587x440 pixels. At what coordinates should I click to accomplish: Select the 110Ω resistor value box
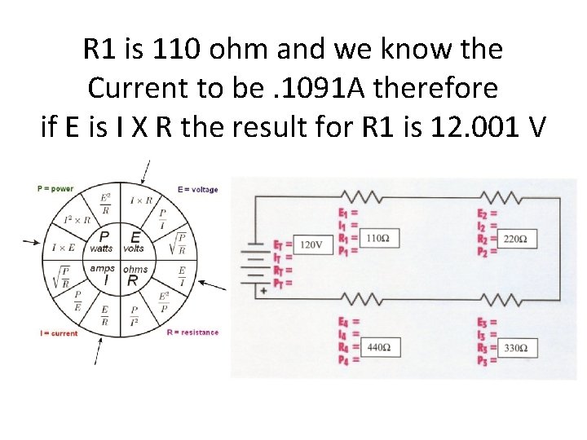(x=377, y=239)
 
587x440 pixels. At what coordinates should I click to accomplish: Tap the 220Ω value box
(x=515, y=240)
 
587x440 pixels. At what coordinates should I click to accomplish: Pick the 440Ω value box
(x=377, y=348)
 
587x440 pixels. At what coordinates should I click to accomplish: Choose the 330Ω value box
(x=515, y=349)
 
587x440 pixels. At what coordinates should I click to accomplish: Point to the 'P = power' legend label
(x=55, y=189)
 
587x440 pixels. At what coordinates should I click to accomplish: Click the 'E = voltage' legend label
(x=198, y=190)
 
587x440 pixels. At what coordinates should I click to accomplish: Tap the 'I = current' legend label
(x=59, y=333)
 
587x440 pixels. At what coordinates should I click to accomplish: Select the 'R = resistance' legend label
(x=192, y=332)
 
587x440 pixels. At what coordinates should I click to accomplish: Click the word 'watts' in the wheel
(x=101, y=249)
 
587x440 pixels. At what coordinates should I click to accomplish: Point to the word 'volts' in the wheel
(x=135, y=249)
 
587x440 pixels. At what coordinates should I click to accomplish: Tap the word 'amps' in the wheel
(x=102, y=268)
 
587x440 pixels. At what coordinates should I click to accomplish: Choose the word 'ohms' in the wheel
(x=135, y=269)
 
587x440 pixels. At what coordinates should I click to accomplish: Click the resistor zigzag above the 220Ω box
(x=500, y=197)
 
